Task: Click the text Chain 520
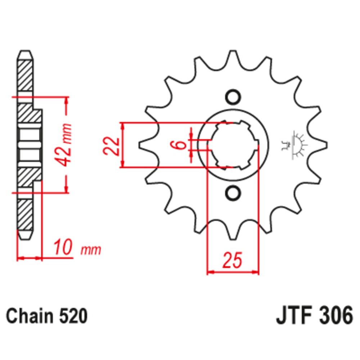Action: click(47, 316)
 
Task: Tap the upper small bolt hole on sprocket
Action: click(232, 97)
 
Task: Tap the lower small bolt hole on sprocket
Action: click(232, 193)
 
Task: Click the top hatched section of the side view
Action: click(25, 76)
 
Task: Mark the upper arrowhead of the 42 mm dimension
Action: click(66, 100)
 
